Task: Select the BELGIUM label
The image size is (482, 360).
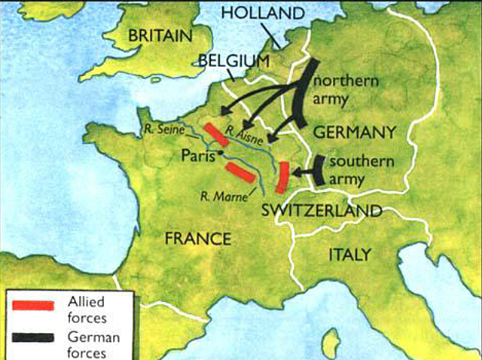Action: click(x=234, y=59)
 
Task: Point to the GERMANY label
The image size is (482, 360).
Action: click(x=354, y=133)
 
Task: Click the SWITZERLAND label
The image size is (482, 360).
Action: click(x=322, y=211)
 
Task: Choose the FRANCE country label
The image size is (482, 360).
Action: click(x=198, y=239)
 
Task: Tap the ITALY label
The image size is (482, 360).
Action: click(x=349, y=255)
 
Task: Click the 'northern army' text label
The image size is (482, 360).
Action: click(x=343, y=89)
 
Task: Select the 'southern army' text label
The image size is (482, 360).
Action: click(x=358, y=169)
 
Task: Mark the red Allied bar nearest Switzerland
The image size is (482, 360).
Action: click(x=285, y=177)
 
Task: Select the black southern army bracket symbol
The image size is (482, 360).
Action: click(x=319, y=170)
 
